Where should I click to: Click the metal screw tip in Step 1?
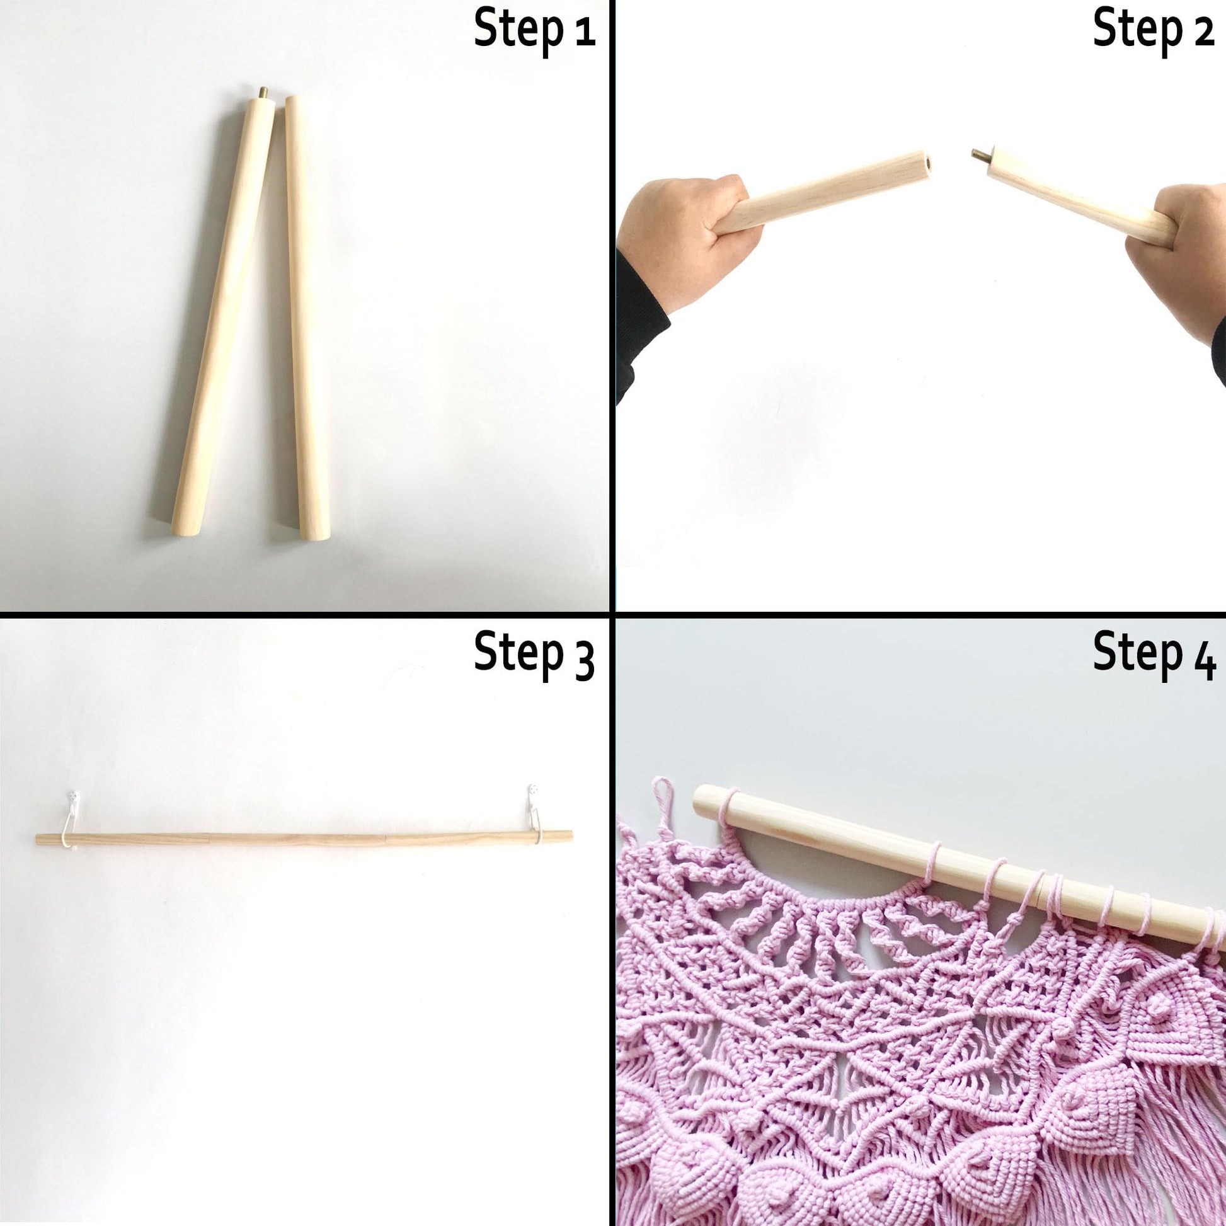[262, 92]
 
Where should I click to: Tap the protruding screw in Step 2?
[981, 153]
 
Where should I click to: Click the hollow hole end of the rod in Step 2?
[926, 163]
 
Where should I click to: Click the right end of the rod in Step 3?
[571, 836]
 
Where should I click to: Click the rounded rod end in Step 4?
[701, 801]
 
